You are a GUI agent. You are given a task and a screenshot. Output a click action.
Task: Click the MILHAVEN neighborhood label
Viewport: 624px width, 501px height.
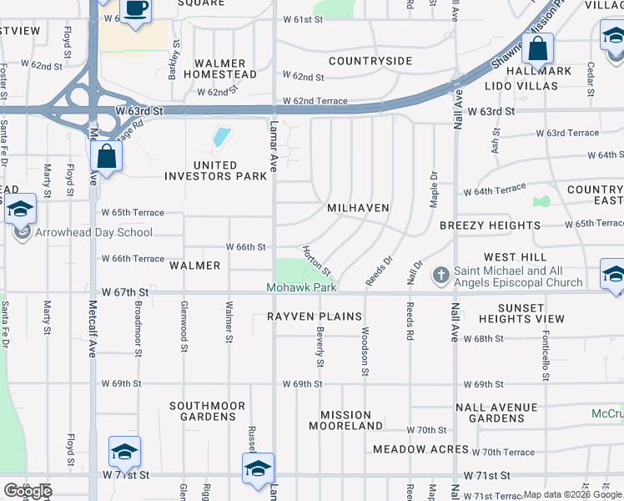point(359,207)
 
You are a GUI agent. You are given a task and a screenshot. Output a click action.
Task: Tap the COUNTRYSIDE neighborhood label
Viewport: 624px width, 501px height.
point(370,61)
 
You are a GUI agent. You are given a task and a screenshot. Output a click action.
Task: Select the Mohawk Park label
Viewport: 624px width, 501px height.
point(301,287)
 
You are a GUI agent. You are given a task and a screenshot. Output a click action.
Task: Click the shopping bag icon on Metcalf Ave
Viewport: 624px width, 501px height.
point(108,155)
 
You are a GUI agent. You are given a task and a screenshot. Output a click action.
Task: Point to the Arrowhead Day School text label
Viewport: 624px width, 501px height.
point(93,233)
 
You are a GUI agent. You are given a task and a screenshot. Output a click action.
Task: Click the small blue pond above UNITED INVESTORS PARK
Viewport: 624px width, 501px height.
point(221,137)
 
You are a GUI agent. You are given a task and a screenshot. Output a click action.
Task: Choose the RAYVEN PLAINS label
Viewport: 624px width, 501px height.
point(315,316)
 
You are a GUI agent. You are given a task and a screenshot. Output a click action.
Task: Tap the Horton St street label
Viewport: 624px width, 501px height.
point(317,261)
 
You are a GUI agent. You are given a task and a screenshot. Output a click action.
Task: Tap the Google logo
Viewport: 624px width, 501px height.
point(27,490)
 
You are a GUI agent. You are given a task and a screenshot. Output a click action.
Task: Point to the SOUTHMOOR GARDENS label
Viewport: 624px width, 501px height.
point(207,411)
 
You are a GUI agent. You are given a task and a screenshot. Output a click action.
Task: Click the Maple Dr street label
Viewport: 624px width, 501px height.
point(433,190)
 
